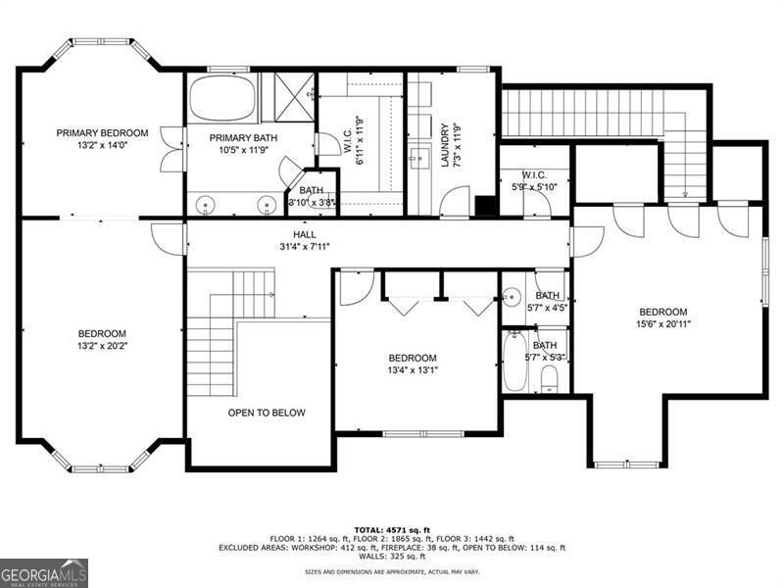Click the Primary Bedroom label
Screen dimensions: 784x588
pos(102,133)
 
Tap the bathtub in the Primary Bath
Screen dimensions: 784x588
pos(222,98)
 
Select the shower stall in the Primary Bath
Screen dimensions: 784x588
pos(288,97)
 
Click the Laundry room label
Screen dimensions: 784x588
pos(444,145)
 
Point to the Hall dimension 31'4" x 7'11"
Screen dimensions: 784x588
pos(305,247)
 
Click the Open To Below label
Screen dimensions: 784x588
pos(267,413)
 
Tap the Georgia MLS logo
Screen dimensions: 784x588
pos(44,573)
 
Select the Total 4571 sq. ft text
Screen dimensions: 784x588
pos(392,530)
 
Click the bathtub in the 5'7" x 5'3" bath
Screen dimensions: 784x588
pos(514,362)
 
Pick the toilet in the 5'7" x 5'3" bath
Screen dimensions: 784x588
pos(549,378)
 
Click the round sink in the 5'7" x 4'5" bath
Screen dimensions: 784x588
pos(512,297)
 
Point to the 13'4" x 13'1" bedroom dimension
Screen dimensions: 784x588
pos(413,370)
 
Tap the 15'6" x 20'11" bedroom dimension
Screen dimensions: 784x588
pos(663,324)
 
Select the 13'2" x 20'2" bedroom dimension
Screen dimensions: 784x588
pos(103,346)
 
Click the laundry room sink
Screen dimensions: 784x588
pos(419,157)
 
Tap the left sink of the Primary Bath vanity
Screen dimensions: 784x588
pos(205,205)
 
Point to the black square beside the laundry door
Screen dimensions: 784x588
pos(484,206)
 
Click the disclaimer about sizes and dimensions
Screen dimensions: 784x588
pos(392,571)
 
